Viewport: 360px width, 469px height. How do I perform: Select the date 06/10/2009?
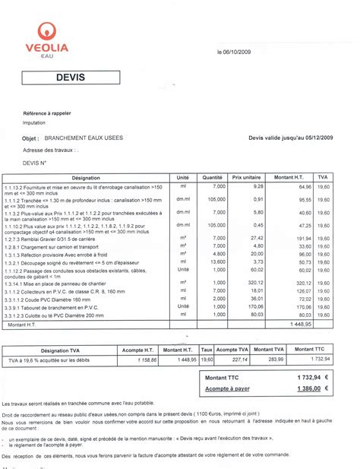tap(242, 53)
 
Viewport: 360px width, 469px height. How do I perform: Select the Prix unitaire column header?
tap(247, 176)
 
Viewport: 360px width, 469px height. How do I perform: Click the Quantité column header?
tap(213, 176)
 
